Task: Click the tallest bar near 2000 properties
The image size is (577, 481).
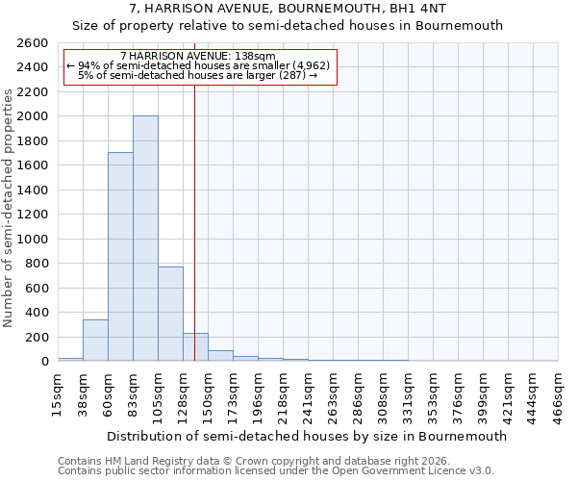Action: [x=145, y=239]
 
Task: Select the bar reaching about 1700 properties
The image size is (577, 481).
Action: [x=120, y=257]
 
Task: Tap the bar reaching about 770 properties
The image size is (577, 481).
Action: [x=170, y=314]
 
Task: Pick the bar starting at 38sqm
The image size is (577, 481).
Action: [x=95, y=341]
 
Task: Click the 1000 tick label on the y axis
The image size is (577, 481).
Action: [x=34, y=239]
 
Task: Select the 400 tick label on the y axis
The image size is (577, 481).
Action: [x=38, y=313]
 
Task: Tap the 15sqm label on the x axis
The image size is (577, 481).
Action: [x=58, y=392]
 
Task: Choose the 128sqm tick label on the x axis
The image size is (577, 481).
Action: [x=183, y=392]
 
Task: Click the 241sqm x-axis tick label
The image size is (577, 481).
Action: [x=308, y=392]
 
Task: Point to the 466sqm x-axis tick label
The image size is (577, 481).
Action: [x=558, y=392]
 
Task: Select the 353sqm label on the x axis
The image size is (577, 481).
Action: [x=433, y=392]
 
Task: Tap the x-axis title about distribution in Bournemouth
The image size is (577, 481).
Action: [x=307, y=436]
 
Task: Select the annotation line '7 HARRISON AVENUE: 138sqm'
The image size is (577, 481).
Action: [x=199, y=56]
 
